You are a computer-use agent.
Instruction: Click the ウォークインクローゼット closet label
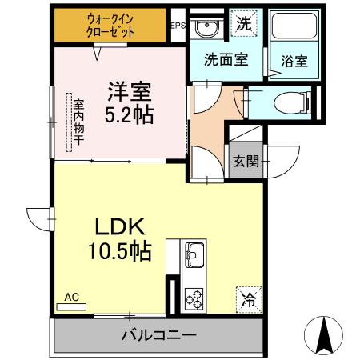[x=110, y=26]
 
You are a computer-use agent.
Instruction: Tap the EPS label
[x=178, y=26]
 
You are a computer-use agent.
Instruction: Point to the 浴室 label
[x=294, y=61]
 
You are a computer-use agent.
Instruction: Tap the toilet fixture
[x=287, y=102]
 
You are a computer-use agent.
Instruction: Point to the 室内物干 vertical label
[x=78, y=125]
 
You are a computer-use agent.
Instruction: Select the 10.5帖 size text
[x=119, y=252]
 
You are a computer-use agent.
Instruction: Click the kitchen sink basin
[x=194, y=257]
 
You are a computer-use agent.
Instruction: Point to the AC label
[x=72, y=297]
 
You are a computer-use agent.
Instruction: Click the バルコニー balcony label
[x=158, y=334]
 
